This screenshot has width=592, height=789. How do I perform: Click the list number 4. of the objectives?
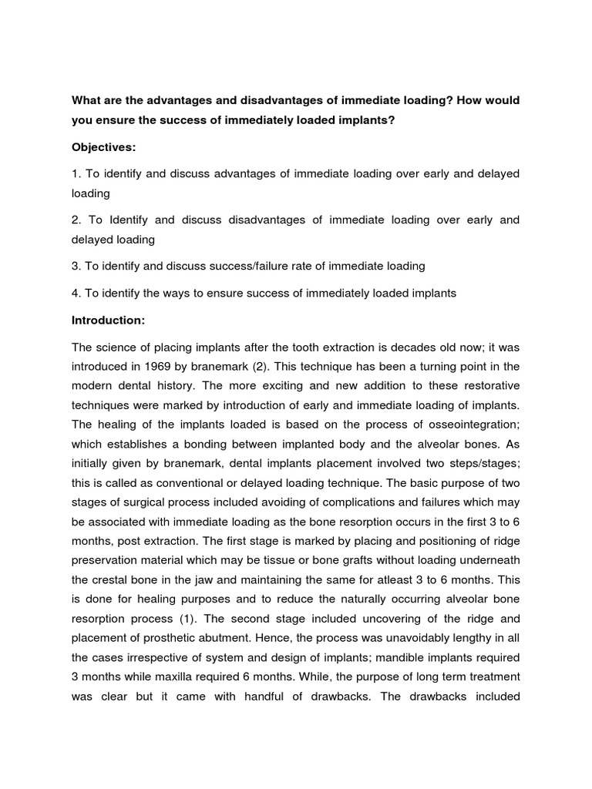pyautogui.click(x=76, y=293)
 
